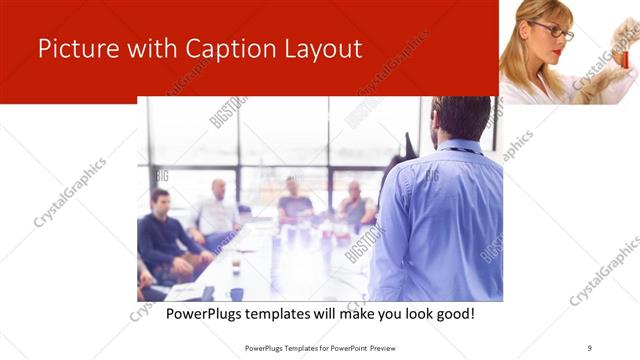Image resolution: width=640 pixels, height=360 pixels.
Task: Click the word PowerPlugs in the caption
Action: coord(206,314)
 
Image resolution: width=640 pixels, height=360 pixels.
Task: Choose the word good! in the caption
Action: coord(451,314)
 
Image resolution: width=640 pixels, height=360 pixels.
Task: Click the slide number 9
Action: coord(590,347)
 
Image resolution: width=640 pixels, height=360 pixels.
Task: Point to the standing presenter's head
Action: coord(461,118)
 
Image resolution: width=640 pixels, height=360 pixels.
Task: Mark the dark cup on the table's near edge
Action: coord(236,293)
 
